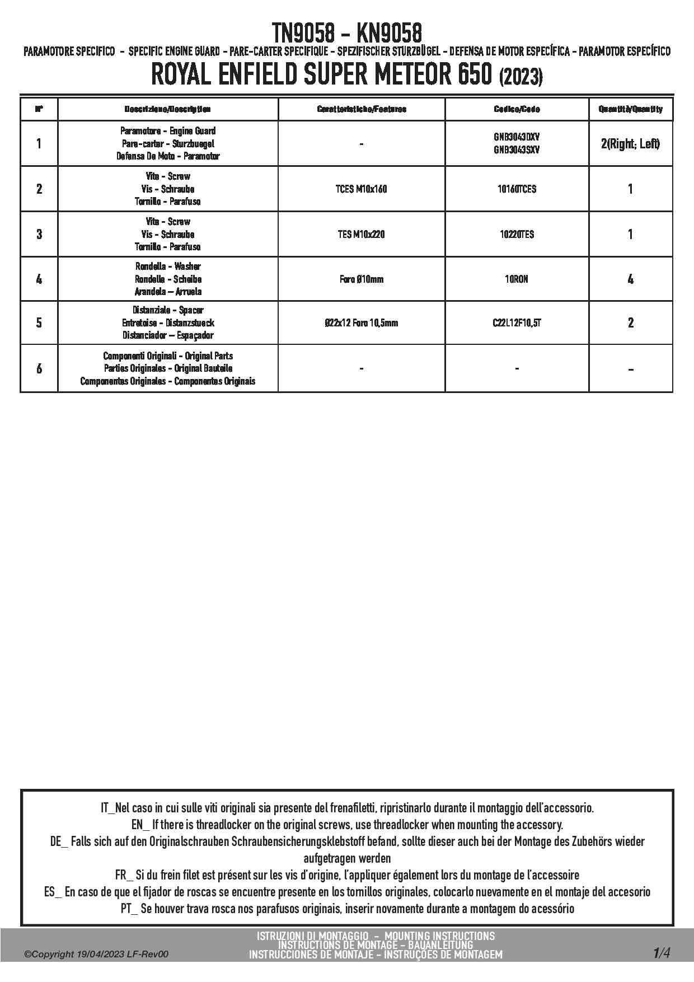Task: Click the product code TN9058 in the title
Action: click(x=303, y=32)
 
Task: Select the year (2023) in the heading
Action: click(x=520, y=77)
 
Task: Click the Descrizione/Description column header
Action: click(x=167, y=109)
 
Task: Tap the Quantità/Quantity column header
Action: click(x=630, y=109)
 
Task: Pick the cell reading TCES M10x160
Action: click(x=361, y=189)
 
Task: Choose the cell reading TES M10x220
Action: click(x=361, y=235)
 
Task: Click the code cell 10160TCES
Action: click(x=517, y=189)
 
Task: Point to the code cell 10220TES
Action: click(x=517, y=235)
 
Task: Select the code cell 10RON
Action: click(x=517, y=279)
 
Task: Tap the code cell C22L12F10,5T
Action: click(x=517, y=323)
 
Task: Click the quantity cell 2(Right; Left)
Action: click(x=630, y=144)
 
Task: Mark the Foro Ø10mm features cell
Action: click(x=361, y=279)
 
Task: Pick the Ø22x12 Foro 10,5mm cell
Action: click(x=361, y=323)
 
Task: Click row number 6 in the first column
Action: click(x=39, y=368)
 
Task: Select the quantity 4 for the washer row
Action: click(x=630, y=279)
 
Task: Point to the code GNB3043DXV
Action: click(x=517, y=137)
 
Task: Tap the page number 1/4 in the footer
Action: click(x=661, y=953)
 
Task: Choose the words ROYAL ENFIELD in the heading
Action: click(x=225, y=76)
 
